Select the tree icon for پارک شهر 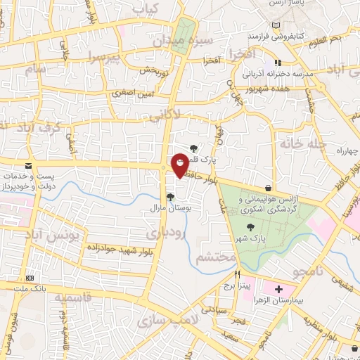tap(251, 226)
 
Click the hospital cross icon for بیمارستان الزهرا tap(278, 289)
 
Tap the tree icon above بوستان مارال tap(169, 197)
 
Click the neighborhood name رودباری tap(167, 231)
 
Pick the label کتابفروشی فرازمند tap(279, 34)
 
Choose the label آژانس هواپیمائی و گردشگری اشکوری tap(269, 205)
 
